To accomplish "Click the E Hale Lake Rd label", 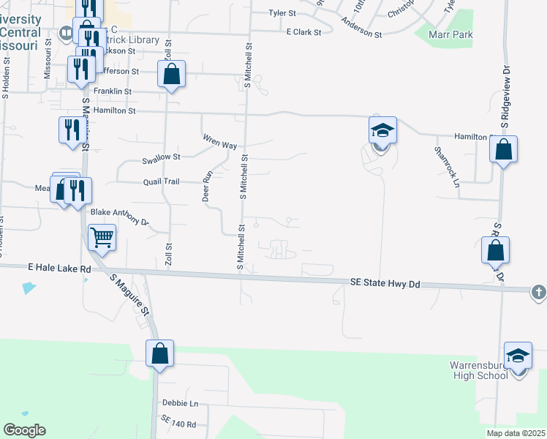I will click(61, 269).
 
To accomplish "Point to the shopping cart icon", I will click(102, 237).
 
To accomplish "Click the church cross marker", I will click(538, 291).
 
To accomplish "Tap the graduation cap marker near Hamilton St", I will click(382, 132).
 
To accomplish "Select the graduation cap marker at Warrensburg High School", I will click(518, 356).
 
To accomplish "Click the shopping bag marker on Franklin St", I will click(171, 75).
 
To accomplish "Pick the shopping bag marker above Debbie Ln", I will click(159, 354).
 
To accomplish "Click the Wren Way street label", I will click(219, 141).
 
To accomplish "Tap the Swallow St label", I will click(161, 157).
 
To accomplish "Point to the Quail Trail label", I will click(161, 182).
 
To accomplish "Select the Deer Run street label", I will click(206, 186).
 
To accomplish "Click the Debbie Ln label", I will click(180, 403).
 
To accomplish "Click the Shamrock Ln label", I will click(447, 167).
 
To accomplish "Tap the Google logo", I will click(24, 430).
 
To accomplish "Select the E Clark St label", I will click(303, 32).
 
